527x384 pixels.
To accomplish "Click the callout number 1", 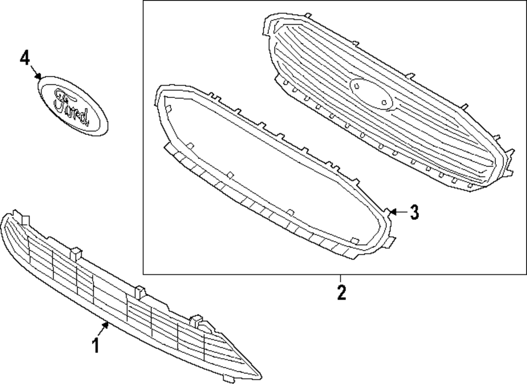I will click(x=95, y=346).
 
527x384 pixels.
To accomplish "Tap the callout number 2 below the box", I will click(x=341, y=292).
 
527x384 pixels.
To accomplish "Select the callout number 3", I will click(x=414, y=212).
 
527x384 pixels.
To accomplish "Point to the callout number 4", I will click(x=25, y=58).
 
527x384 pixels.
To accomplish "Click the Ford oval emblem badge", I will click(x=73, y=106).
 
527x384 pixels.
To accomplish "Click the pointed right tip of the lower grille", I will click(x=260, y=376).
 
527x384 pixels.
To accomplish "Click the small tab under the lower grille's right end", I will click(x=228, y=378).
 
